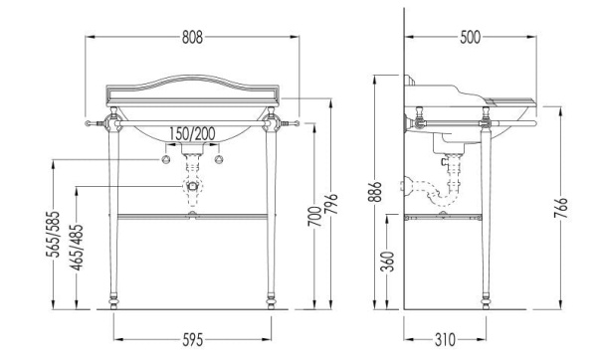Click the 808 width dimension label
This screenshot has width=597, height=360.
click(192, 38)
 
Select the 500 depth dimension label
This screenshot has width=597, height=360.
click(471, 38)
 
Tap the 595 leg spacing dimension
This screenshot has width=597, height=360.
click(193, 340)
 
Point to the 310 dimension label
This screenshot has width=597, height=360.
click(445, 340)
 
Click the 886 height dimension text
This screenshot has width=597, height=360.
click(375, 192)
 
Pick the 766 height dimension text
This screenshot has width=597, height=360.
click(560, 208)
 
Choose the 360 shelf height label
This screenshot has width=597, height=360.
click(388, 262)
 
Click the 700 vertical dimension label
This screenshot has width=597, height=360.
click(314, 216)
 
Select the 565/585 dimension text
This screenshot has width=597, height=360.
click(54, 234)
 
